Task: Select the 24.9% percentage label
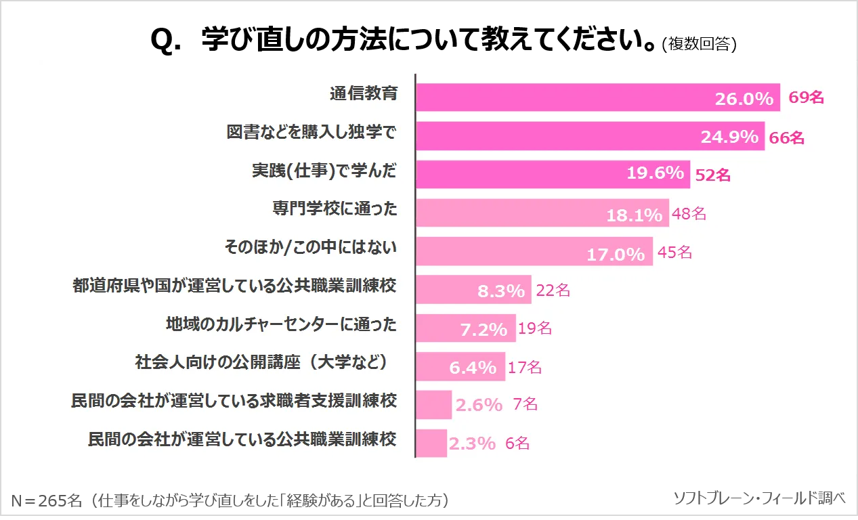[729, 137]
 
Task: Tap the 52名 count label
[713, 175]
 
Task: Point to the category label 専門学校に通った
[335, 209]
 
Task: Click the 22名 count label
[553, 291]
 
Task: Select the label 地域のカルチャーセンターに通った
[281, 324]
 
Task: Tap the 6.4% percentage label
[473, 368]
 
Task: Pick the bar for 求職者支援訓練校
[433, 405]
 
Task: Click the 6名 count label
[517, 443]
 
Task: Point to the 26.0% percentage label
[744, 99]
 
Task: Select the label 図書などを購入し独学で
[311, 133]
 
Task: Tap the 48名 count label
[689, 214]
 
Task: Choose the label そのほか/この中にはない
[310, 247]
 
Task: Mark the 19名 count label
[535, 329]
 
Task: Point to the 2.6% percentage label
[479, 405]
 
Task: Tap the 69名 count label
[806, 97]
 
